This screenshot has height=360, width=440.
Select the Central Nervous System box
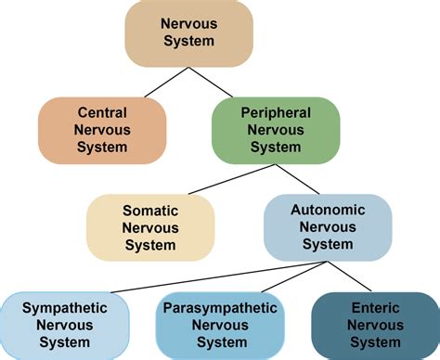coord(103,130)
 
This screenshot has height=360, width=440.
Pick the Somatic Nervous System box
coord(150,227)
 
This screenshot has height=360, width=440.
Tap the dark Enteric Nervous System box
coord(376,325)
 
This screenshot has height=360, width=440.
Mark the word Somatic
coord(150,211)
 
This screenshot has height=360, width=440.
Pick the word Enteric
coord(376,308)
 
